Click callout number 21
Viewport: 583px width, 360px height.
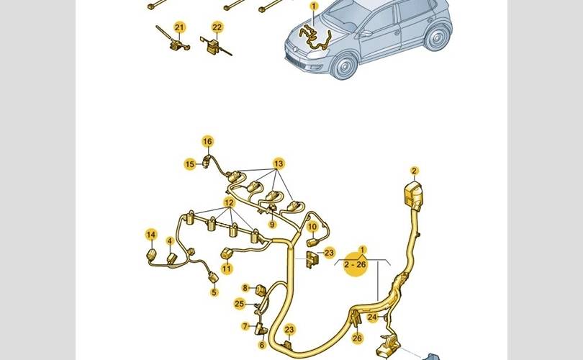tap(179, 27)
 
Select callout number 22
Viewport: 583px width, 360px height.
tap(217, 27)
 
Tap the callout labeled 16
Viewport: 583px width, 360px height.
tap(207, 141)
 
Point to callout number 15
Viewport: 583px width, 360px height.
tap(189, 164)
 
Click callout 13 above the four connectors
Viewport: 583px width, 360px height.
tap(278, 163)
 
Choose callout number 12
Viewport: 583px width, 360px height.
tap(229, 202)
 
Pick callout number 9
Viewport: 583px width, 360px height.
tap(272, 225)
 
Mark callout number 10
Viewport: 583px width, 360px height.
tap(312, 227)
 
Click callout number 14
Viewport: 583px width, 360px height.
tap(151, 235)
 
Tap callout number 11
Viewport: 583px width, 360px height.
tap(227, 269)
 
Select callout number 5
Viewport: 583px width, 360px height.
tap(214, 292)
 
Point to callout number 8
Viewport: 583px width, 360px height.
tap(245, 288)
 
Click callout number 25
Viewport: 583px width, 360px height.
tap(240, 304)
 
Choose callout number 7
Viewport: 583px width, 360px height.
tap(245, 326)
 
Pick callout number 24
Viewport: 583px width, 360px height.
tap(372, 316)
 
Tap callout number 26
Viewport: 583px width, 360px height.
tap(357, 338)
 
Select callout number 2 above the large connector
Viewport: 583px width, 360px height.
tap(414, 171)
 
